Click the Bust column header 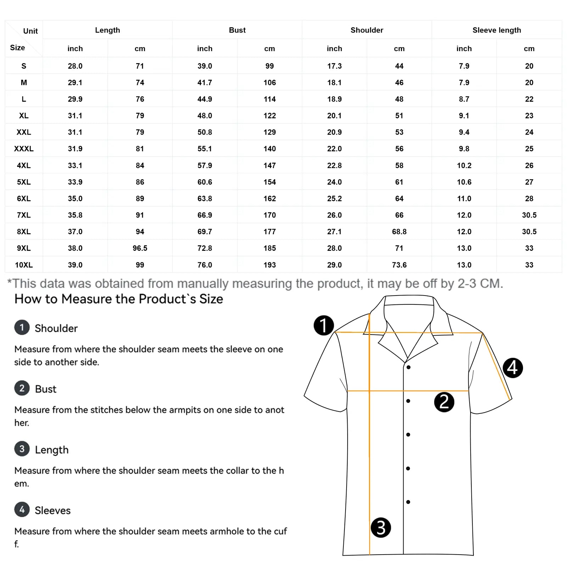click(237, 30)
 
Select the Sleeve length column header click(496, 30)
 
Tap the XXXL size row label click(24, 149)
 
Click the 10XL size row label click(24, 265)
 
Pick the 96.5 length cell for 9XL click(140, 248)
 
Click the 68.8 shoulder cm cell click(399, 232)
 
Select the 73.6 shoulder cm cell click(399, 265)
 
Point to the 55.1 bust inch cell click(205, 149)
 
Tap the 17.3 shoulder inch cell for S click(334, 66)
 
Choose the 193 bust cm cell click(269, 265)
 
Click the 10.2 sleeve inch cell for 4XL click(464, 165)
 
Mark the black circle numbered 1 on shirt click(324, 325)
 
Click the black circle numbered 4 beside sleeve click(512, 368)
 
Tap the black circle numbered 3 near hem click(381, 528)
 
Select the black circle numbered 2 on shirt click(444, 402)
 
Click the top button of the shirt click(409, 367)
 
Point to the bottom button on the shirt click(408, 502)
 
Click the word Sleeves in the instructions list click(52, 510)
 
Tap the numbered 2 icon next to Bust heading click(22, 388)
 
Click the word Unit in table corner click(30, 31)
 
